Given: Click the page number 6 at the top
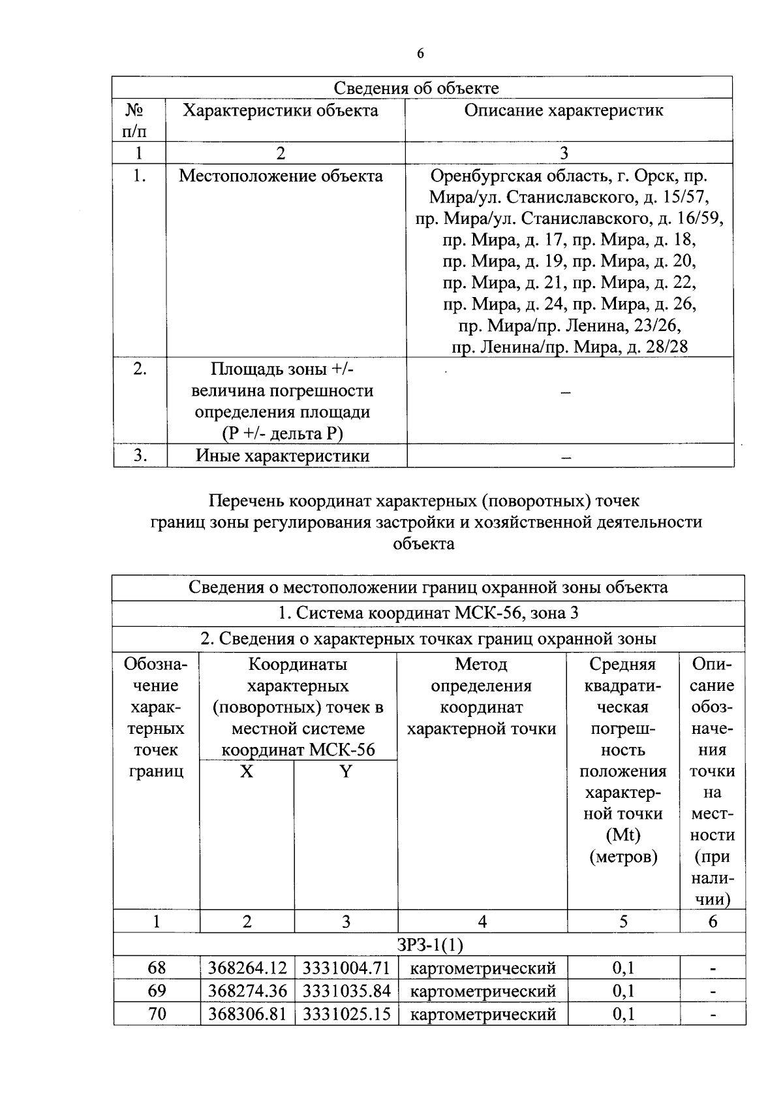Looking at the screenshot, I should (x=420, y=54).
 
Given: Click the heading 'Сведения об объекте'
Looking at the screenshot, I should (x=416, y=88).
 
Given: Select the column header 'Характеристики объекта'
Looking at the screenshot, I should (x=281, y=110).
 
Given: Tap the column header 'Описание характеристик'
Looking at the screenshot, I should (x=564, y=110).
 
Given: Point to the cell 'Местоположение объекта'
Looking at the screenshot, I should (x=281, y=176).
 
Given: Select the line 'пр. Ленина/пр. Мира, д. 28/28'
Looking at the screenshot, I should (x=570, y=347).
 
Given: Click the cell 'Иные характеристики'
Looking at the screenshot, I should (x=283, y=456).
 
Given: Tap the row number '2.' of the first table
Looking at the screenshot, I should (x=140, y=369).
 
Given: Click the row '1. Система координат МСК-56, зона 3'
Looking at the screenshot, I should (x=427, y=614).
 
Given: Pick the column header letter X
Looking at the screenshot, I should (x=246, y=772).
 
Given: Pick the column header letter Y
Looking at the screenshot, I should (x=345, y=772).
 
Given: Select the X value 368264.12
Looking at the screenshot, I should (x=247, y=968).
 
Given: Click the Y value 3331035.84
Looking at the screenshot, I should (x=346, y=990).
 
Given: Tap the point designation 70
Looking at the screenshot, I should (x=157, y=1014).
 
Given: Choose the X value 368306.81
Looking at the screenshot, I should (x=247, y=1014).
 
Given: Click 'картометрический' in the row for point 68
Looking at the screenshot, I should (x=483, y=968).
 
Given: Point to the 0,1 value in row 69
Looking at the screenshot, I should (x=623, y=990).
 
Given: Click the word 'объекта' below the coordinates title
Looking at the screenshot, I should (x=424, y=543).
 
